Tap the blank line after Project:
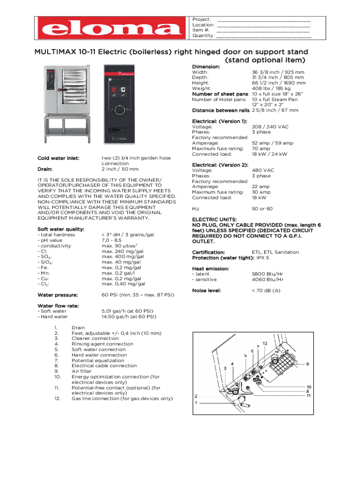click(x=264, y=20)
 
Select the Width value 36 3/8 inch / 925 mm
click(x=278, y=73)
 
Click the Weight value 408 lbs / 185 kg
click(x=271, y=88)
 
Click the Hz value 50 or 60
click(x=262, y=209)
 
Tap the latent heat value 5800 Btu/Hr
click(x=267, y=274)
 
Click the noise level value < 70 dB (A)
click(x=266, y=290)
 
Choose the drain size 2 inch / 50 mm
click(x=120, y=169)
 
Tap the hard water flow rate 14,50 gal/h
click(x=129, y=317)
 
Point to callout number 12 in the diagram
click(x=265, y=343)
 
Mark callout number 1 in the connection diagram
click(x=196, y=403)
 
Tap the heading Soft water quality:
click(x=61, y=229)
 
